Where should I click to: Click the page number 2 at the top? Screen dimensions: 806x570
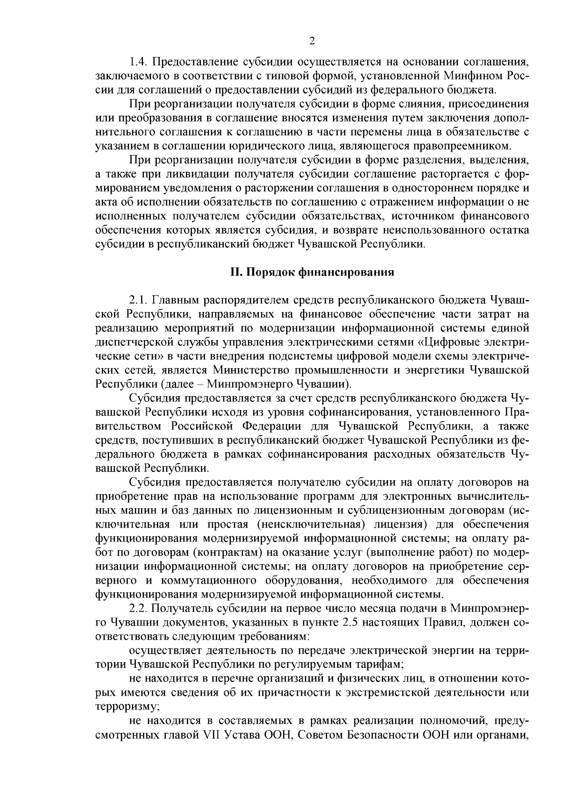pos(312,41)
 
